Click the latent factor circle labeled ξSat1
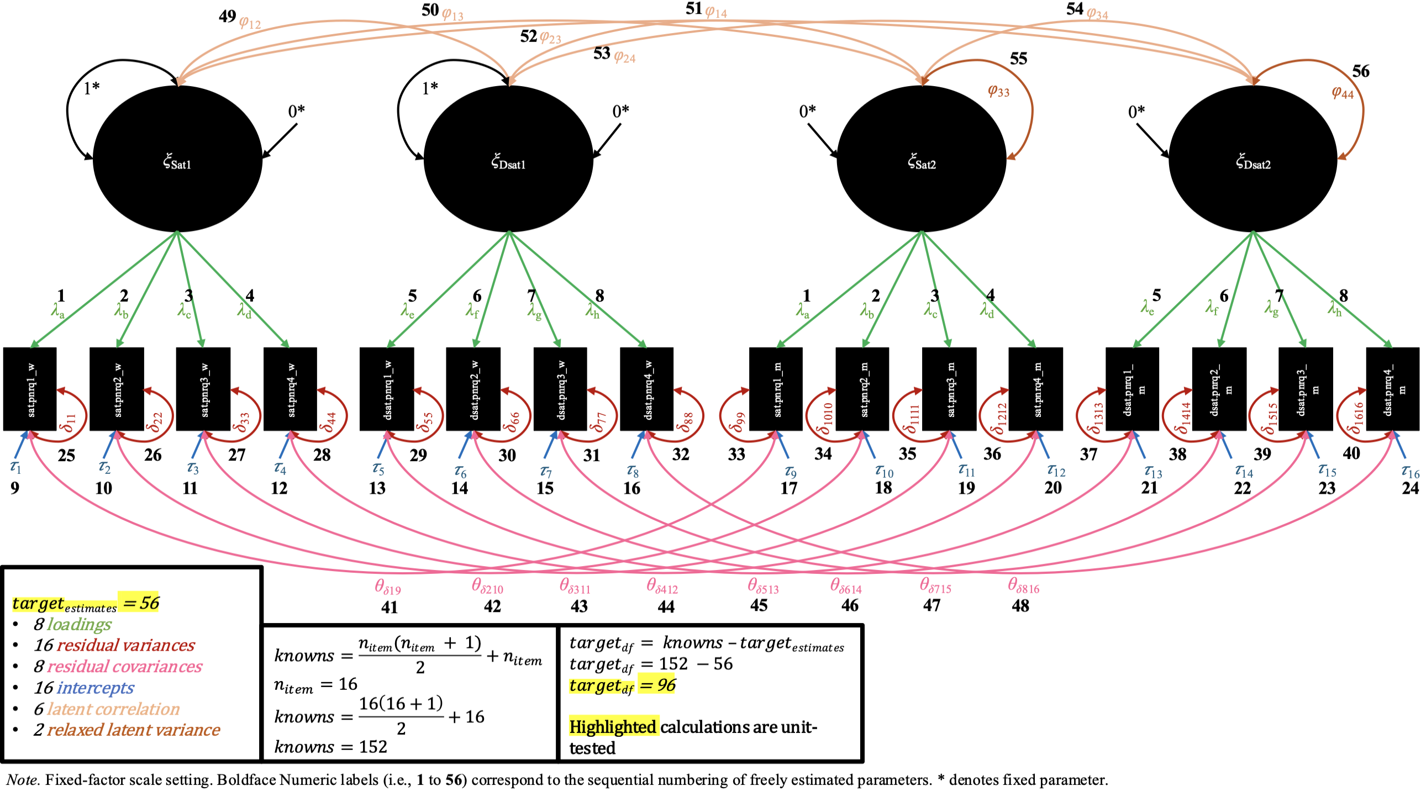(x=177, y=159)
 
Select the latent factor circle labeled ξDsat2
(x=1253, y=159)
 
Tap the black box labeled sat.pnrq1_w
(x=30, y=389)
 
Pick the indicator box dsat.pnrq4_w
(x=646, y=389)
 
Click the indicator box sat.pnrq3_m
(x=949, y=389)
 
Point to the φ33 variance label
(x=998, y=91)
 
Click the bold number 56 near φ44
(x=1361, y=71)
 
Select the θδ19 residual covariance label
(x=388, y=587)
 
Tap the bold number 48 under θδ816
(x=1020, y=606)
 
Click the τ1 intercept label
(x=15, y=467)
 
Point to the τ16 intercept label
(x=1410, y=471)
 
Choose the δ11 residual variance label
(x=69, y=422)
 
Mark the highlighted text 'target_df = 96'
(x=623, y=685)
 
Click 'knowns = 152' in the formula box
(x=330, y=747)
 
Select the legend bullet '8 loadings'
(x=72, y=624)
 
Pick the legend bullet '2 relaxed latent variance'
(x=127, y=730)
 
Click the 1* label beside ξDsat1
(x=430, y=88)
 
